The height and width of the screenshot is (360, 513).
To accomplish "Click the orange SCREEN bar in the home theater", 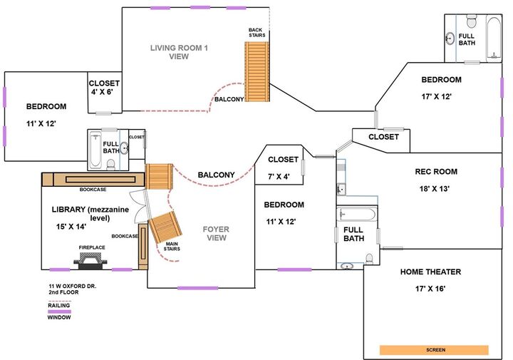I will (x=434, y=350).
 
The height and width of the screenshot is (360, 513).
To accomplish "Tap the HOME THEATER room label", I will (x=430, y=272).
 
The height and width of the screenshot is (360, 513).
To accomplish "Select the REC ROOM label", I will (x=436, y=172).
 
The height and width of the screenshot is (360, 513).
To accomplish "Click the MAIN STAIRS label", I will (x=172, y=247).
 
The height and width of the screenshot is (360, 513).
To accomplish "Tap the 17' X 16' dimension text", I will (x=430, y=289).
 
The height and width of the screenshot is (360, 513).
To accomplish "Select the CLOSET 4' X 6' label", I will (x=105, y=88).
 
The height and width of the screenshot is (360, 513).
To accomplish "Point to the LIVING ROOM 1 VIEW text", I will (x=179, y=52).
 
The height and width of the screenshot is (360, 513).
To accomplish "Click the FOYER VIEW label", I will (x=215, y=233).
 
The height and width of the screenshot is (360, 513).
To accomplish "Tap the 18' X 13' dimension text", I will (x=436, y=189).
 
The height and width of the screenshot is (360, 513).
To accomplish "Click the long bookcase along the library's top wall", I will (x=93, y=180).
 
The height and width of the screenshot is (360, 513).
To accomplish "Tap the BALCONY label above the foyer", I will (x=216, y=175).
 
